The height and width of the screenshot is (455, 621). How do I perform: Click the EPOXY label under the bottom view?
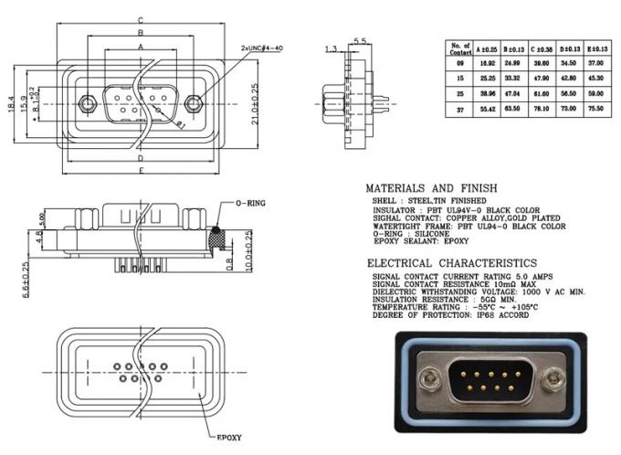pos(228,438)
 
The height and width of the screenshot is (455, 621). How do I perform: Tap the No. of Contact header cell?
pos(461,48)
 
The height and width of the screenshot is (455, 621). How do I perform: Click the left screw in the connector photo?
pos(427,378)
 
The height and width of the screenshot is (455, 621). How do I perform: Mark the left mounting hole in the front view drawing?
pos(88,104)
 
